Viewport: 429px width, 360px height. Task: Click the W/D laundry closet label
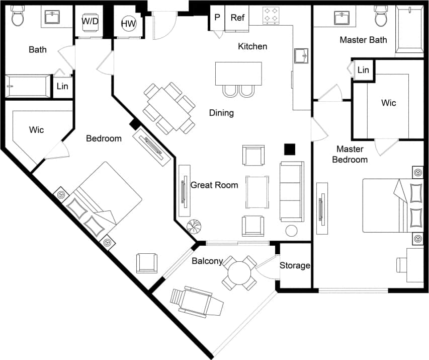coord(90,21)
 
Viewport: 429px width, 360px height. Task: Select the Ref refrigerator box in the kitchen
coord(237,17)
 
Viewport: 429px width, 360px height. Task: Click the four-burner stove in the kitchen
coord(272,15)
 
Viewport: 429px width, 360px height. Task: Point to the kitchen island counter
coord(238,74)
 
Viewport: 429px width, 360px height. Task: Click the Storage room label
coord(295,265)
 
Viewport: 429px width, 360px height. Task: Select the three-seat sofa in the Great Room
coord(292,192)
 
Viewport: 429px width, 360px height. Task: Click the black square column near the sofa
coord(289,149)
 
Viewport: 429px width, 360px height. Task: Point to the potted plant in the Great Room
coord(194,226)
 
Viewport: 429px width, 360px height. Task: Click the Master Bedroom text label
coord(352,154)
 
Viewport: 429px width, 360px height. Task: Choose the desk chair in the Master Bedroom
coord(403,265)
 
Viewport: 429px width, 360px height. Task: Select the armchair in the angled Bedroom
coord(147,263)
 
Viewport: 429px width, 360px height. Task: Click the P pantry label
coord(217,17)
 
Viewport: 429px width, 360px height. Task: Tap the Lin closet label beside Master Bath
coord(363,70)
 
